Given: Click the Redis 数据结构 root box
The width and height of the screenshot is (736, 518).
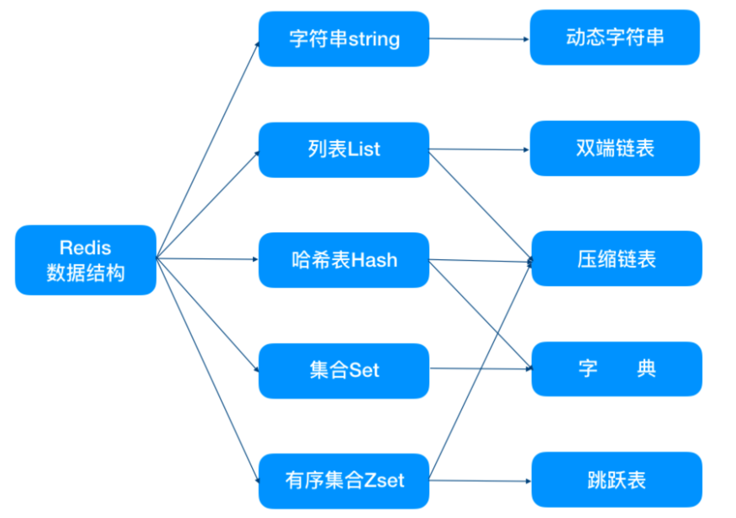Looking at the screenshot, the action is pos(86,260).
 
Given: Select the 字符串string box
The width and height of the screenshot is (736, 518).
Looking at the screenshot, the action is pos(344,39).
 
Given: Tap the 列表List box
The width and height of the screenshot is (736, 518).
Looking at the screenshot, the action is pos(344,150).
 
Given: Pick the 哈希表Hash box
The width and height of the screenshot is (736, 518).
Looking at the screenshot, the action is pos(344,260).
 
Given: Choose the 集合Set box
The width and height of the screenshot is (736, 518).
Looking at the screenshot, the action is pos(344,371).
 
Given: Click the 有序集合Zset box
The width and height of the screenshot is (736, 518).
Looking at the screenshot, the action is pos(344,481).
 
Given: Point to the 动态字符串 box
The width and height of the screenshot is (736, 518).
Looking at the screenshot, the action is pos(615,37).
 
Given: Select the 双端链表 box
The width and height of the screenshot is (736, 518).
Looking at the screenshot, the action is pos(615,148).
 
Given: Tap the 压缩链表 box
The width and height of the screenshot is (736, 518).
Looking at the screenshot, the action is pos(617,259).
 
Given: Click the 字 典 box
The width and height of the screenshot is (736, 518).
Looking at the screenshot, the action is pos(617,369).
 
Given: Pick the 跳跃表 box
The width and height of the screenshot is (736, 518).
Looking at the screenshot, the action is pos(617,480).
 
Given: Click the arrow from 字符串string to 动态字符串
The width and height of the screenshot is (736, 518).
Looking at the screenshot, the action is pos(479,39).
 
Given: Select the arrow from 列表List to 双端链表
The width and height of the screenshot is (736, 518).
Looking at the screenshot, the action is pos(479,149).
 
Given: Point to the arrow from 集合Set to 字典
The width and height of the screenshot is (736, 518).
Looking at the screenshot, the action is pos(481,369).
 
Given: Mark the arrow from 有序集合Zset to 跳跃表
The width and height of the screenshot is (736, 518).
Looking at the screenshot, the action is pos(480,481).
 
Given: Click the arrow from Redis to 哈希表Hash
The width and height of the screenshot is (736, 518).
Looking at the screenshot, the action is pos(207,259).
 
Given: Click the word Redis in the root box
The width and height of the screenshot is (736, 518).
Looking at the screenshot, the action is pos(86,248).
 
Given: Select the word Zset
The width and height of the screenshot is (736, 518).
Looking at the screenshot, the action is pos(384,481).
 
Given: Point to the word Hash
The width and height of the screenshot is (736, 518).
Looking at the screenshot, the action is pos(374,260).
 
